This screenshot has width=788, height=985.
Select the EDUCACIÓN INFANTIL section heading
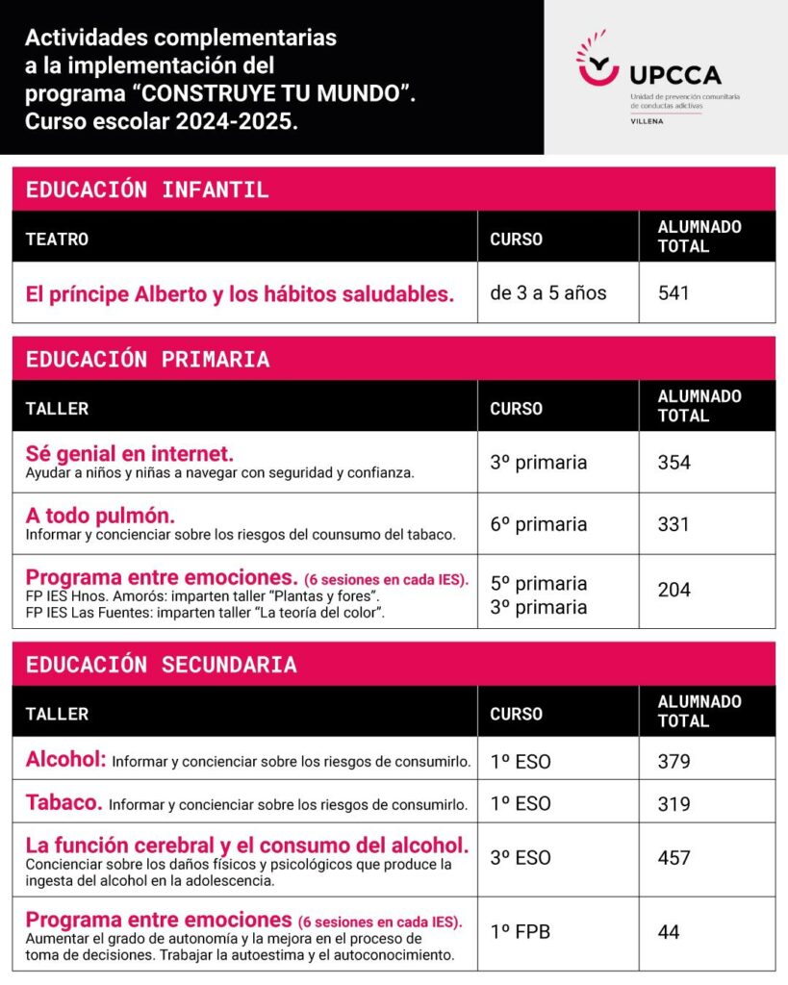(147, 189)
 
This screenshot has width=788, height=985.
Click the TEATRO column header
(57, 239)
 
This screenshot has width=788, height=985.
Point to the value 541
(674, 293)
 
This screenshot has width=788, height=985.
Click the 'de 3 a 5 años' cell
(548, 293)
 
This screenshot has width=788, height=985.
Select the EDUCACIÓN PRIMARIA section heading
(147, 360)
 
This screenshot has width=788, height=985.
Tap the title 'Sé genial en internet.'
(130, 452)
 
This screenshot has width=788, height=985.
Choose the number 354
(674, 463)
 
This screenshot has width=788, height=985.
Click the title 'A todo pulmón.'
(100, 514)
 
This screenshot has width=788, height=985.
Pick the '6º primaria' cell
(538, 524)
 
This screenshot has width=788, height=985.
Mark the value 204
(674, 590)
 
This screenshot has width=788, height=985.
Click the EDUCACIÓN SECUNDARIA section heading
(161, 665)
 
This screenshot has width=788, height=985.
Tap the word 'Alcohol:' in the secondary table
(65, 759)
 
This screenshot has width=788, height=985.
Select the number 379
(674, 762)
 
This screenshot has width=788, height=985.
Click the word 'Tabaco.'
(64, 802)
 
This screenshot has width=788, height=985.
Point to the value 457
(674, 857)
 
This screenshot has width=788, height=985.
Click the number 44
(669, 932)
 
